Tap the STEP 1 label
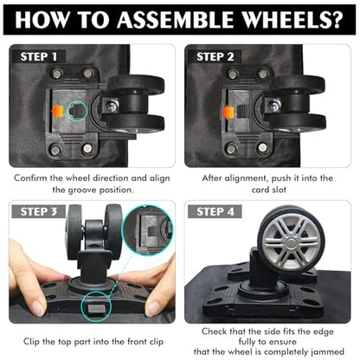point(39,56)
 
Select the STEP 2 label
point(215,57)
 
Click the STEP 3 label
point(39,212)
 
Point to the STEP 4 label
point(215,212)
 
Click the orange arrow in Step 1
point(57,111)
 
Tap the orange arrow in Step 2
point(228,112)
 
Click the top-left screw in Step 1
point(56,74)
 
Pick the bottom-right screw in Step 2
point(262,148)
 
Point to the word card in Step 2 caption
point(260,190)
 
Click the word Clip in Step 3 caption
point(31,342)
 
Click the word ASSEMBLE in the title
point(175,19)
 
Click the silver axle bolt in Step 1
point(112,106)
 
